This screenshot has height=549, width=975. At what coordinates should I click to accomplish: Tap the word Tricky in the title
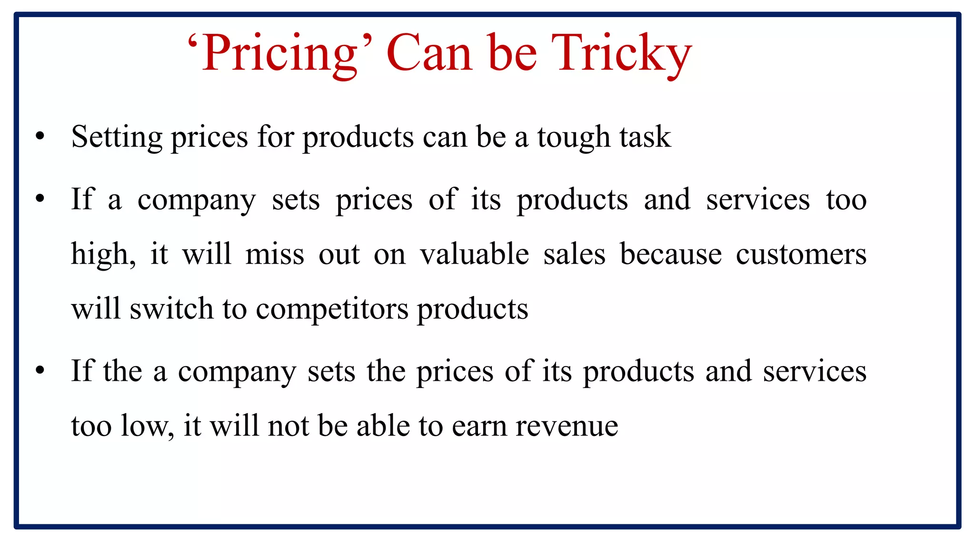coord(621,53)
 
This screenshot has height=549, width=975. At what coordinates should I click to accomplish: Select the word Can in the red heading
coord(429,53)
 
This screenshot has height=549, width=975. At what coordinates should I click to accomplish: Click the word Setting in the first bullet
coord(117,137)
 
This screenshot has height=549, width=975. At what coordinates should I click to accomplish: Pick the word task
coord(645,137)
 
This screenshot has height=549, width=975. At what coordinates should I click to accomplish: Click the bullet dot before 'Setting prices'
coord(40,137)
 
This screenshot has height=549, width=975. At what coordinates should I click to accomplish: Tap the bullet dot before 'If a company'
coord(40,198)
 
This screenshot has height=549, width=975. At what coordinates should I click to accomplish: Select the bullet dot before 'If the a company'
coord(40,370)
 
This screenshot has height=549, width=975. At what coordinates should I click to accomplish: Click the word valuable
coord(474,254)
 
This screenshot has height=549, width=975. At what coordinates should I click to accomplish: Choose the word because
coord(670,254)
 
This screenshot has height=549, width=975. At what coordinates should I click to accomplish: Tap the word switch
coord(171,309)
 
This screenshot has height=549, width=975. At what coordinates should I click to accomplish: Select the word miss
coord(275,254)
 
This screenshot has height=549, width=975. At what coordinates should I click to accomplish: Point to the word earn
coord(479,426)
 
